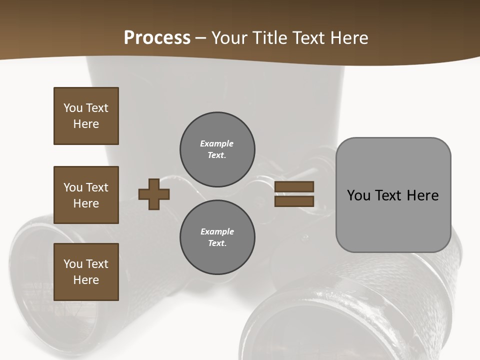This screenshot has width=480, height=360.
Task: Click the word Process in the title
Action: pos(157,38)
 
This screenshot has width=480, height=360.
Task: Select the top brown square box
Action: pos(86,116)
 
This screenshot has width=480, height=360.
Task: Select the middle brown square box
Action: pos(86,195)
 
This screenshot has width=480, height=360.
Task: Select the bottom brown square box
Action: pos(86,272)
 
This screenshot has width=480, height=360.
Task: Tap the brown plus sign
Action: pos(154,194)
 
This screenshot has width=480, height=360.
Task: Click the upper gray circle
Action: pos(217,149)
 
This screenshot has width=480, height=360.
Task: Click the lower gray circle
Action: pos(217,237)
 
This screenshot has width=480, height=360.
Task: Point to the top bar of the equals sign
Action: pos(294,187)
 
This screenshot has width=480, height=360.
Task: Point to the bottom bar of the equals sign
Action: pos(294,201)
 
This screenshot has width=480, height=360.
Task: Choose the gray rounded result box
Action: pos(393,195)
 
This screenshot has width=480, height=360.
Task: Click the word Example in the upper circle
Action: pos(216,143)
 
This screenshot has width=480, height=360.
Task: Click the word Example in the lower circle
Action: pos(217,231)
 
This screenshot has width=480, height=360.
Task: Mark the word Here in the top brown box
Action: pos(86,124)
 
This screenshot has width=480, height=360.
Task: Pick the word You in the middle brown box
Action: pos(73,187)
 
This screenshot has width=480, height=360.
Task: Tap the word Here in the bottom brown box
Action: pos(86,280)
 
